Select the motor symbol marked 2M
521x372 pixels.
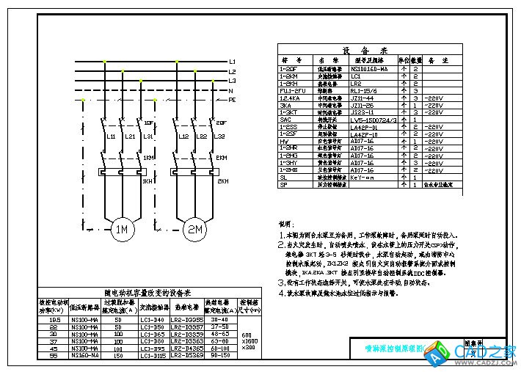pos(195,230)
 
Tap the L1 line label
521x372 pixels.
pos(232,61)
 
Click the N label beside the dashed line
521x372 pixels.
pos(231,90)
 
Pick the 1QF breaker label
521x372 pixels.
pos(149,123)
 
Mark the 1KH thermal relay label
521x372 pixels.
pos(147,180)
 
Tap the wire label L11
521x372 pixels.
pos(111,137)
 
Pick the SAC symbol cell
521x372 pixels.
pos(285,120)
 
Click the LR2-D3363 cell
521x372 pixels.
pos(186,341)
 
